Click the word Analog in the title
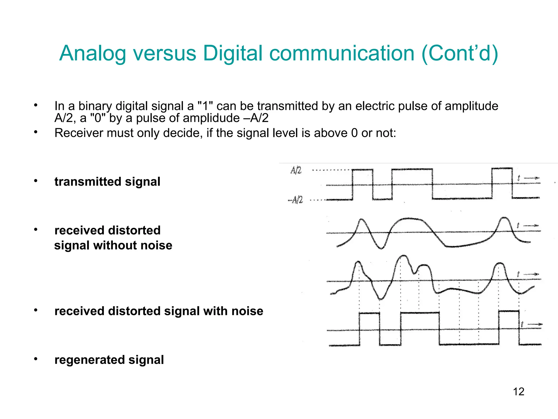pyautogui.click(x=93, y=53)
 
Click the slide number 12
pyautogui.click(x=518, y=392)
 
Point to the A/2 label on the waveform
pyautogui.click(x=296, y=170)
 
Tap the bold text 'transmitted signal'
pyautogui.click(x=107, y=182)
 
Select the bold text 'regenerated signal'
pyautogui.click(x=109, y=360)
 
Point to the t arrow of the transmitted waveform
pyautogui.click(x=529, y=178)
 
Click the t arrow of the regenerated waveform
pyautogui.click(x=531, y=324)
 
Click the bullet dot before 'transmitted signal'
pyautogui.click(x=36, y=181)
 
